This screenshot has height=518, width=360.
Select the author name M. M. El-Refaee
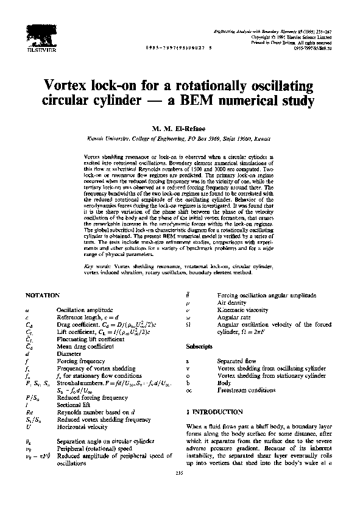pyautogui.click(x=180, y=129)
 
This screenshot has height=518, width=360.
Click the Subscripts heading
pyautogui.click(x=199, y=346)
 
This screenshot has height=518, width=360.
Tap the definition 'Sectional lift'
pyautogui.click(x=73, y=404)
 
